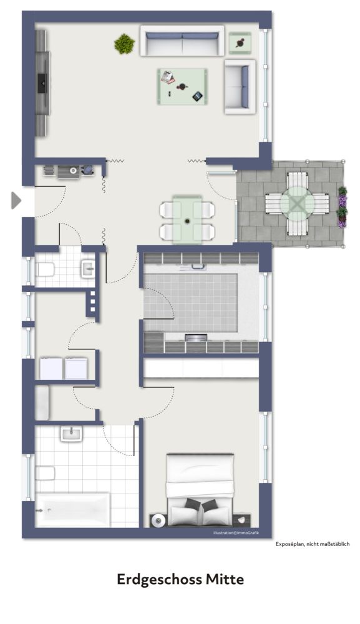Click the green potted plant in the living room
pyautogui.click(x=124, y=43)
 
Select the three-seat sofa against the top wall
pyautogui.click(x=182, y=42)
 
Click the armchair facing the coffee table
pyautogui.click(x=240, y=86)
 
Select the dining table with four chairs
pyautogui.click(x=188, y=219)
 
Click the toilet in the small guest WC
pyautogui.click(x=44, y=270)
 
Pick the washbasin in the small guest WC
pyautogui.click(x=87, y=269)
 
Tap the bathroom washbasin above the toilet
pyautogui.click(x=71, y=433)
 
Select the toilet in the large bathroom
pyautogui.click(x=45, y=474)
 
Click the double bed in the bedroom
pyautogui.click(x=200, y=490)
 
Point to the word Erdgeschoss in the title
pyautogui.click(x=159, y=580)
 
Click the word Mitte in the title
pyautogui.click(x=225, y=580)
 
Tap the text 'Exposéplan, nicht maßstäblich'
pyautogui.click(x=313, y=545)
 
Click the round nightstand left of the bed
pyautogui.click(x=157, y=520)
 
